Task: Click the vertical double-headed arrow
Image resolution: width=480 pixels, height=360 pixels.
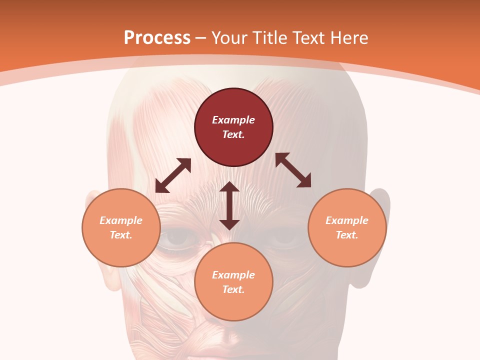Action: point(229,205)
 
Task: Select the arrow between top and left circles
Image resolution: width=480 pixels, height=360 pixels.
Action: point(173,175)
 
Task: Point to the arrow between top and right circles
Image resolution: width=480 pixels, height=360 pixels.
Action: point(293,170)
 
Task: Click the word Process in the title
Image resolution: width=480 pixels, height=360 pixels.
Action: point(157,37)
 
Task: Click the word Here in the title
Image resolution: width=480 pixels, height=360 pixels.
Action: point(349,37)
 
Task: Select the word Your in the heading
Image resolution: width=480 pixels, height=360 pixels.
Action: point(229,37)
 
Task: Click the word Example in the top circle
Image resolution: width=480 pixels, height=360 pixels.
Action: point(233,120)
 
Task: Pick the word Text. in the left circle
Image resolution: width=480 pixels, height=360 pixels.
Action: point(121,235)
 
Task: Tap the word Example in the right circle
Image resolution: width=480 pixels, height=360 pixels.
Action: point(347,220)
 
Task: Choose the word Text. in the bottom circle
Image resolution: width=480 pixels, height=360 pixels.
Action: point(233,289)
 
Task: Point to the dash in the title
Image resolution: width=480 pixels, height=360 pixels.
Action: point(201,37)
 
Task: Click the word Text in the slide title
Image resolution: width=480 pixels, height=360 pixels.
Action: point(310,37)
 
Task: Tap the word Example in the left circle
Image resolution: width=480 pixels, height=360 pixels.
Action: point(121,220)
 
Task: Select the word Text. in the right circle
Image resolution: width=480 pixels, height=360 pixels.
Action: point(347,235)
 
